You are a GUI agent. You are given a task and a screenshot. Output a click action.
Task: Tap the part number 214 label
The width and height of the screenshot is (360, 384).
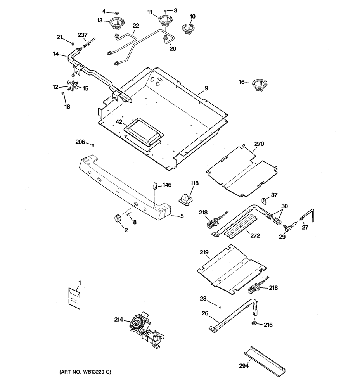(119, 320)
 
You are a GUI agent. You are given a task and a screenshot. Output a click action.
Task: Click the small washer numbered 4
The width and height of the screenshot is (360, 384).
(116, 12)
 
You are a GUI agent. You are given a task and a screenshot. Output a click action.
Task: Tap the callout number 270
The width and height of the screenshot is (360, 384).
(259, 144)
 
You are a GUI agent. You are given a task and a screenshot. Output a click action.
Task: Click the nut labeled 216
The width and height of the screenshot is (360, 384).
(254, 324)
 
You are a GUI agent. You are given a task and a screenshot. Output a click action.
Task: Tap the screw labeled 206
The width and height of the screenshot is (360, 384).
(93, 146)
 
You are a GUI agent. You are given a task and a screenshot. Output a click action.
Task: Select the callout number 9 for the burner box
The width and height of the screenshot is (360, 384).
(206, 88)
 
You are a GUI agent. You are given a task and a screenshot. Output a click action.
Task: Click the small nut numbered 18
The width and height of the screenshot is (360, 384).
(62, 93)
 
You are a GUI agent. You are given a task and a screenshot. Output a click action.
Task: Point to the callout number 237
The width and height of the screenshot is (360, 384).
(83, 35)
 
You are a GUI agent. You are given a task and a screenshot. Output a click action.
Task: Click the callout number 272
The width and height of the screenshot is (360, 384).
(255, 235)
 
